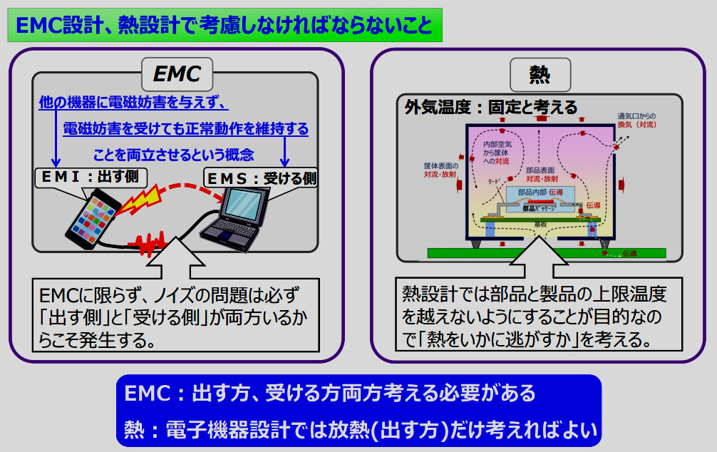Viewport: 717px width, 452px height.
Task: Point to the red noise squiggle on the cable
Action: coord(153,246)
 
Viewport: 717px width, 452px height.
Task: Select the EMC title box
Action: coord(177,73)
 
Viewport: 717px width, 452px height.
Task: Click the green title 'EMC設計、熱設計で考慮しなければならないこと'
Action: coord(224,26)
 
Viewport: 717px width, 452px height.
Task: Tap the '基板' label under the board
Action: coord(539,224)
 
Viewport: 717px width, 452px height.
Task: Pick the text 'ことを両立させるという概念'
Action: coord(173,154)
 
